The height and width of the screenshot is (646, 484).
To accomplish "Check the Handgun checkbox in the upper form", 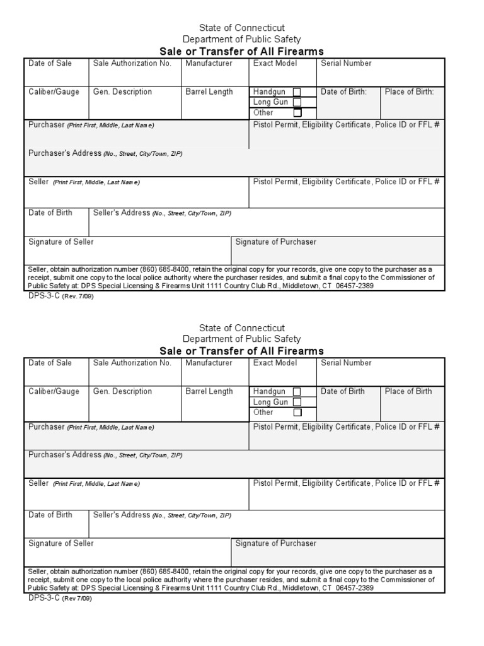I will [297, 92].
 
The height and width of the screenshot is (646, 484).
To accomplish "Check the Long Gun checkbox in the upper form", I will [297, 102].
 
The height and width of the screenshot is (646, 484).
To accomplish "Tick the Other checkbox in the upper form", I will [297, 113].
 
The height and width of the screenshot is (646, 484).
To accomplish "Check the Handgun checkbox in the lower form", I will [297, 392].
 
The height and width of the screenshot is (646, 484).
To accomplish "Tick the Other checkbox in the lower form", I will [297, 413].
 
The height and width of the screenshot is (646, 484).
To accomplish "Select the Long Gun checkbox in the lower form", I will [297, 402].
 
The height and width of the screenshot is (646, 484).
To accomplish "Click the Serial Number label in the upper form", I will [346, 63].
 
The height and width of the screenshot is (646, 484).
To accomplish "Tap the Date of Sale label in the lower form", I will [50, 363].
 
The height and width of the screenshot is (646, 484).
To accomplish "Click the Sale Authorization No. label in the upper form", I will [132, 63].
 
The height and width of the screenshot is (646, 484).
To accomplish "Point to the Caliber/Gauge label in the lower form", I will [54, 391].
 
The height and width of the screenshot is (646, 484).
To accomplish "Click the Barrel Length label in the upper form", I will [209, 91].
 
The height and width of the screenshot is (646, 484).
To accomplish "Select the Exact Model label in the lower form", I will [275, 363].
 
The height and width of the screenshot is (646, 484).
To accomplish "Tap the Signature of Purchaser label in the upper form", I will [275, 242].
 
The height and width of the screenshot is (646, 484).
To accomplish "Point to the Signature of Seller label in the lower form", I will [61, 543].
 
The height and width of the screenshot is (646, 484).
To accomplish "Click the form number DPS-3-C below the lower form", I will [43, 597].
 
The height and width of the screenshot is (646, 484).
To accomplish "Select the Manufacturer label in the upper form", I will [209, 63].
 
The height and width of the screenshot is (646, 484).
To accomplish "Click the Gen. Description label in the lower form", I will [122, 391].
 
